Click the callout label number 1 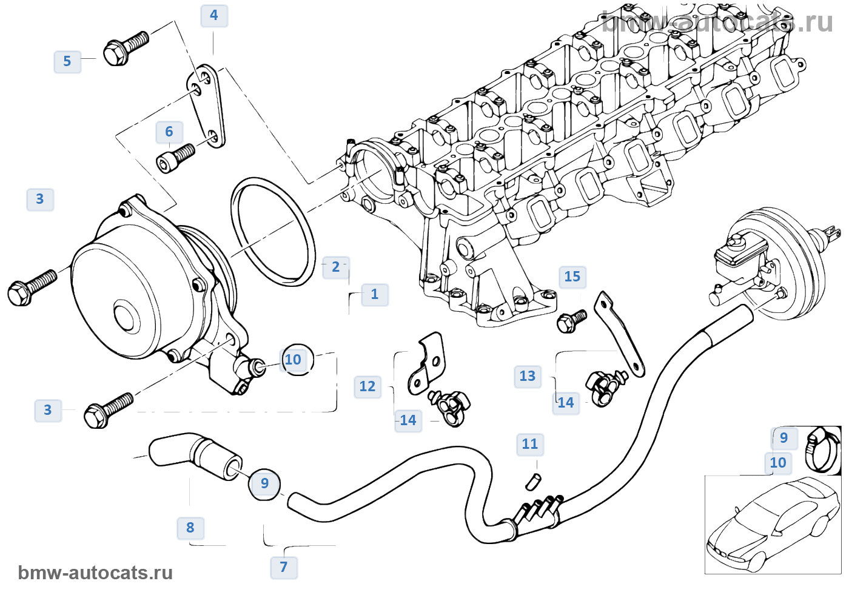pos(375,295)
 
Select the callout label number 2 pos(336,267)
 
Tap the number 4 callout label pos(214,16)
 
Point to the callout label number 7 pos(284,567)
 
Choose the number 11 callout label pos(530,445)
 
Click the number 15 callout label pos(572,277)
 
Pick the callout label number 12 pos(367,387)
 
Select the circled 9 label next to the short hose pos(264,483)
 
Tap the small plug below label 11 pos(533,481)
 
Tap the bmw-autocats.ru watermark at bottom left pos(95,573)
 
